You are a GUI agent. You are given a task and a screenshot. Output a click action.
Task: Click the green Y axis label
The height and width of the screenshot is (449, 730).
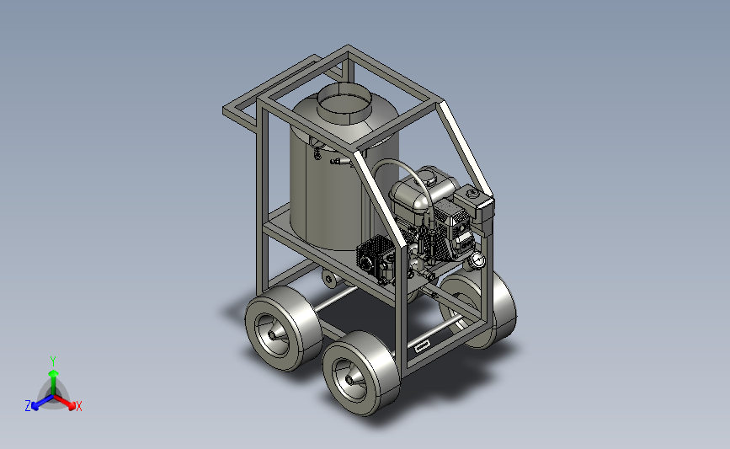point(52,361)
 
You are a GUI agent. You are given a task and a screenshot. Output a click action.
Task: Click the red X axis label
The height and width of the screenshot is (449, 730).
point(78,406)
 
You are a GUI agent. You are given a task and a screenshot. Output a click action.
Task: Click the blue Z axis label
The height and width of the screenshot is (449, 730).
point(28,406)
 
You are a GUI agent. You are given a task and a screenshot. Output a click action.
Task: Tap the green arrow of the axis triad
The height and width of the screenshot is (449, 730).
point(54,382)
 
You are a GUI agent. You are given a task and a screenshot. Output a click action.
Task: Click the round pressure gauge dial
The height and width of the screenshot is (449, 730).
point(477,260)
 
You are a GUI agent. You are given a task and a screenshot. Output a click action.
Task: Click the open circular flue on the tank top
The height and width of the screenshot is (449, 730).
point(344,103)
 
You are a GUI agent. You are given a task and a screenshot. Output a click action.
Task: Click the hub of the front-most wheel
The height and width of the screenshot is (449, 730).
point(350,380)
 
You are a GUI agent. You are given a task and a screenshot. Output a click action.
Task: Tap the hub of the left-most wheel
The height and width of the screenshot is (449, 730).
point(273,334)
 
